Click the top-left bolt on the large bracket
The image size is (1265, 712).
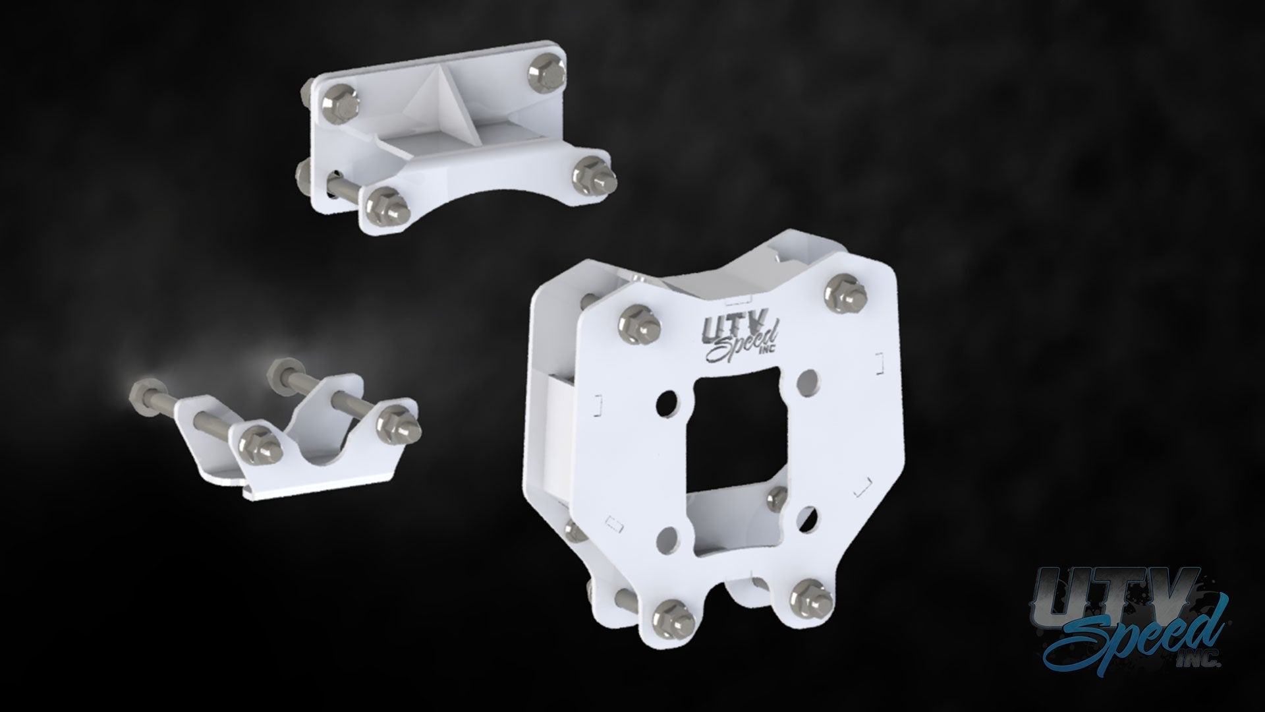[638, 322]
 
